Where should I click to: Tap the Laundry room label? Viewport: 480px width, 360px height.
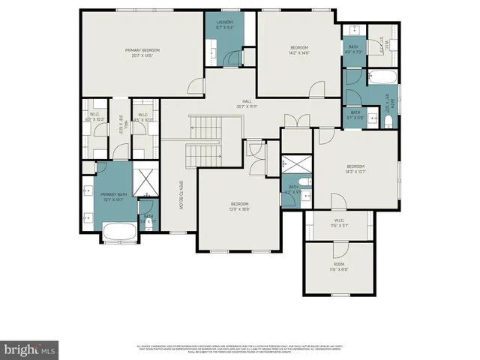pyautogui.click(x=226, y=24)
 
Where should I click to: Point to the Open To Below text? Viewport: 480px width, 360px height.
pyautogui.click(x=181, y=197)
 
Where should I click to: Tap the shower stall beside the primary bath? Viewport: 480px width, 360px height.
pyautogui.click(x=144, y=182)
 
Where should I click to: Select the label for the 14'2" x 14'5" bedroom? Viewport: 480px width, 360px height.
pyautogui.click(x=300, y=50)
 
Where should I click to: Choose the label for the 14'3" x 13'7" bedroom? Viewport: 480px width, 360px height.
pyautogui.click(x=355, y=169)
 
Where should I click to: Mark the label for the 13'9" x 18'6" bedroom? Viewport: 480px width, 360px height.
pyautogui.click(x=239, y=206)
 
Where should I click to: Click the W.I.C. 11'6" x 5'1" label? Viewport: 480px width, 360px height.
pyautogui.click(x=339, y=223)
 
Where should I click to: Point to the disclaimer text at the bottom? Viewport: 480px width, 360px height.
pyautogui.click(x=240, y=348)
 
